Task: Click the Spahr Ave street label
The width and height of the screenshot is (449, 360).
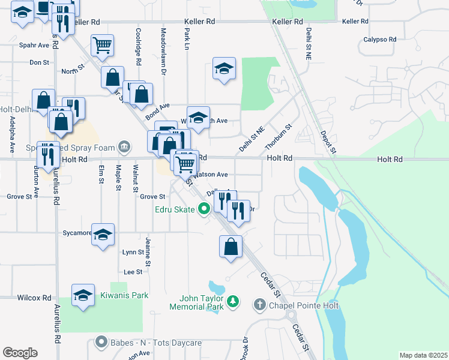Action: click(34, 45)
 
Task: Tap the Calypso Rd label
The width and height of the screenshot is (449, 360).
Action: click(380, 40)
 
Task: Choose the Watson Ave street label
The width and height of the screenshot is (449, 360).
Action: click(209, 175)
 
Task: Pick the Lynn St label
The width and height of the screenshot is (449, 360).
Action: click(133, 253)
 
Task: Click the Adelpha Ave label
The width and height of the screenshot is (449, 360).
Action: click(12, 134)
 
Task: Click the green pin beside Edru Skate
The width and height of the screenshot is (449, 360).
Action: click(203, 209)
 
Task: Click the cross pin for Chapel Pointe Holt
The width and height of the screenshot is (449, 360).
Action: click(259, 305)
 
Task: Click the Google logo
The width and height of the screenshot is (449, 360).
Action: click(20, 353)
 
